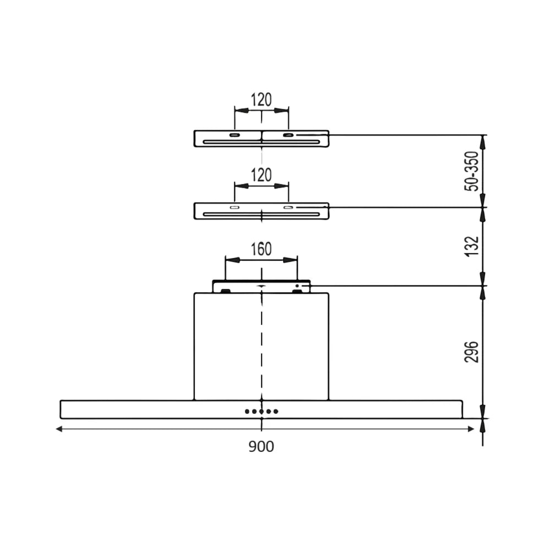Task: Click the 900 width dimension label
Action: click(261, 446)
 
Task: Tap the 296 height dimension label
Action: click(472, 352)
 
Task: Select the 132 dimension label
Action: click(472, 247)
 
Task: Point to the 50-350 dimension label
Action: click(472, 171)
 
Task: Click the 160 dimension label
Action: click(261, 249)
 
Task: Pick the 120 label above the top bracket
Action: click(261, 100)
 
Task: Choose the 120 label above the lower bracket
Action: click(261, 175)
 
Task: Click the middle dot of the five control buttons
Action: click(261, 412)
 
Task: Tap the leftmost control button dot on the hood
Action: click(247, 412)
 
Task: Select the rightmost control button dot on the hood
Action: click(276, 412)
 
